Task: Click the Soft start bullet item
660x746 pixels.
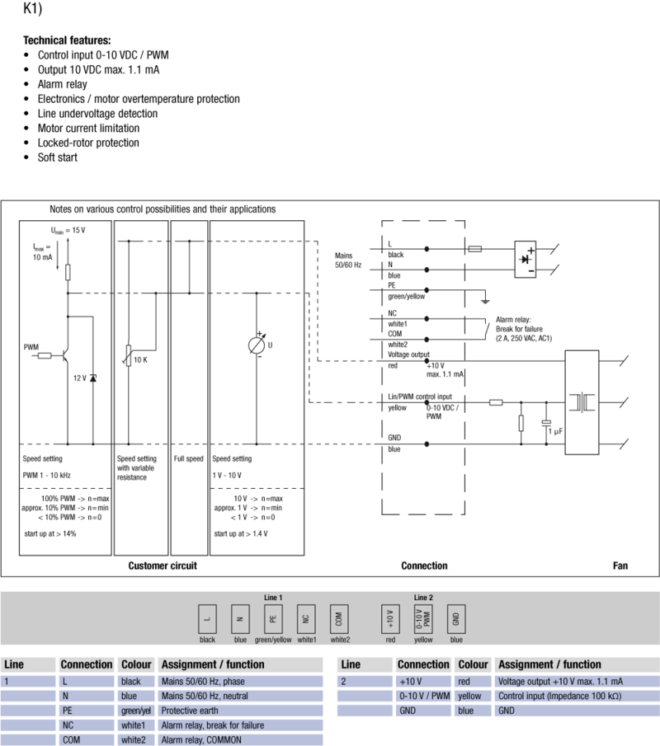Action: [x=57, y=157]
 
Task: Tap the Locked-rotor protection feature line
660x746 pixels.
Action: [x=88, y=143]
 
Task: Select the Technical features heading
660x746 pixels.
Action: [x=67, y=40]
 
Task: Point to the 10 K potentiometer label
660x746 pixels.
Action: [x=140, y=359]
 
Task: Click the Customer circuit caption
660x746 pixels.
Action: [x=163, y=566]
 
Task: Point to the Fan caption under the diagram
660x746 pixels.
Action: [x=620, y=566]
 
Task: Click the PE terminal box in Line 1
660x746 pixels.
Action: [x=272, y=618]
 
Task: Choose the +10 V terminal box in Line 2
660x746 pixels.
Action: [x=389, y=618]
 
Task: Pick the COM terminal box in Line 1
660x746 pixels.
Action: [x=339, y=618]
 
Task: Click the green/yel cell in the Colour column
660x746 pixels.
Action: [x=135, y=711]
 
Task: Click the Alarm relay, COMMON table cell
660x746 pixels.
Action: [x=202, y=739]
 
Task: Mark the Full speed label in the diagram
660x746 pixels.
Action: [x=188, y=458]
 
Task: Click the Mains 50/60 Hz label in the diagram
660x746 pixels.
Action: [x=348, y=260]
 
